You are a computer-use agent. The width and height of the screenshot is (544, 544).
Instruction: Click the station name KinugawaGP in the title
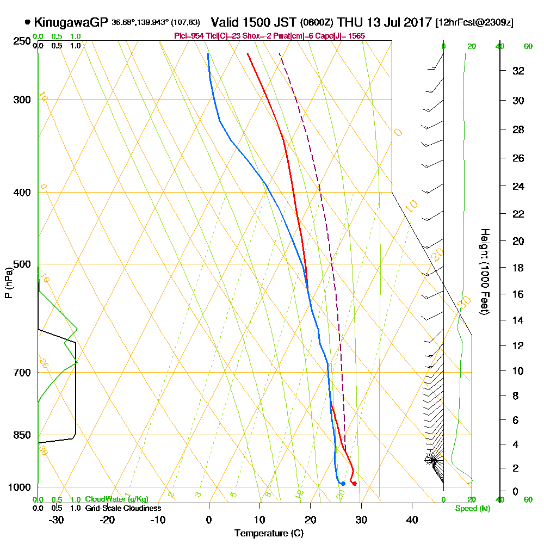pos(71,22)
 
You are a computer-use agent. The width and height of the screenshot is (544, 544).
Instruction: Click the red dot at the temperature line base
pos(354,484)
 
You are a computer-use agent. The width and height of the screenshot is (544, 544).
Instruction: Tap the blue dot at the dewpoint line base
pos(343,484)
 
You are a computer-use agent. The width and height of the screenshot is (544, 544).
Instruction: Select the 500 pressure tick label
pos(20,264)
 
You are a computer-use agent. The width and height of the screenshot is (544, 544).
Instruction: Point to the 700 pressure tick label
pos(20,373)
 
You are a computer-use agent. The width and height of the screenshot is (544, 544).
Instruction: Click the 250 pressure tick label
pos(20,41)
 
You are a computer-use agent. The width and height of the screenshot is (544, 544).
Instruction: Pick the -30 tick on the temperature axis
pos(57,520)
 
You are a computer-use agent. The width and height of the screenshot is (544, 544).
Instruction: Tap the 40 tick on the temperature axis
pos(412,520)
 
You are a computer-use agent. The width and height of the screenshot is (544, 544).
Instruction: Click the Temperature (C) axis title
pos(269,534)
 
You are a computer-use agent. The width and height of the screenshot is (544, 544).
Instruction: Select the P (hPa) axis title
pos(8,282)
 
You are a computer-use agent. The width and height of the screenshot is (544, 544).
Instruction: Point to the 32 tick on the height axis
pos(518,71)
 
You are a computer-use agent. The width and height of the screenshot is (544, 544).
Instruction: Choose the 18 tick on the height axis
pos(518,268)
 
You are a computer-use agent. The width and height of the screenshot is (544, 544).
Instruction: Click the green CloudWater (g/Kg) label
pos(116,499)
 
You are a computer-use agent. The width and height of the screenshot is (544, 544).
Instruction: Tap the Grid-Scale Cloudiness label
pos(123,508)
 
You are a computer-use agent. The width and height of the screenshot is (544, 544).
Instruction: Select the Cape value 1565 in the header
pos(356,36)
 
